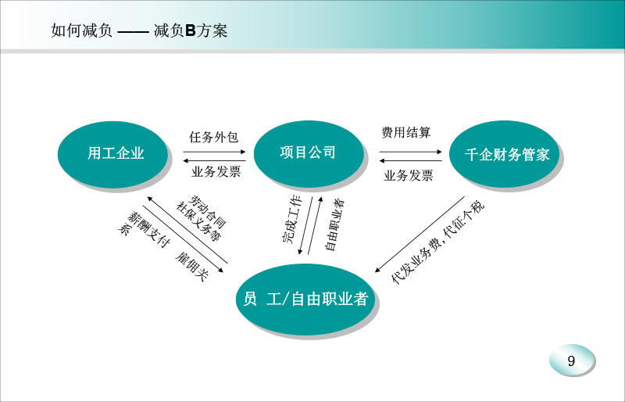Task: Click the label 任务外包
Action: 213,138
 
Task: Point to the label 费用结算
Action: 406,132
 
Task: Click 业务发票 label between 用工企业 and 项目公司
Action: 216,171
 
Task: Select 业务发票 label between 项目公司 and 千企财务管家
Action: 408,175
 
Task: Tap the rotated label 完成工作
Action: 291,220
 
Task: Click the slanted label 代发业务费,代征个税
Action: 437,242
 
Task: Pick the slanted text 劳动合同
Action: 207,211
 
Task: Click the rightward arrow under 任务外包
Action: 214,152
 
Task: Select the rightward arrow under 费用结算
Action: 411,152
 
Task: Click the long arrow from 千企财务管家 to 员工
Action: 420,235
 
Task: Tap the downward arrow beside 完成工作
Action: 305,225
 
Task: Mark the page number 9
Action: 571,361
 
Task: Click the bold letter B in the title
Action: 190,31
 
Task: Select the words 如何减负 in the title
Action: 82,31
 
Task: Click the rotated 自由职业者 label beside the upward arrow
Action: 335,225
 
